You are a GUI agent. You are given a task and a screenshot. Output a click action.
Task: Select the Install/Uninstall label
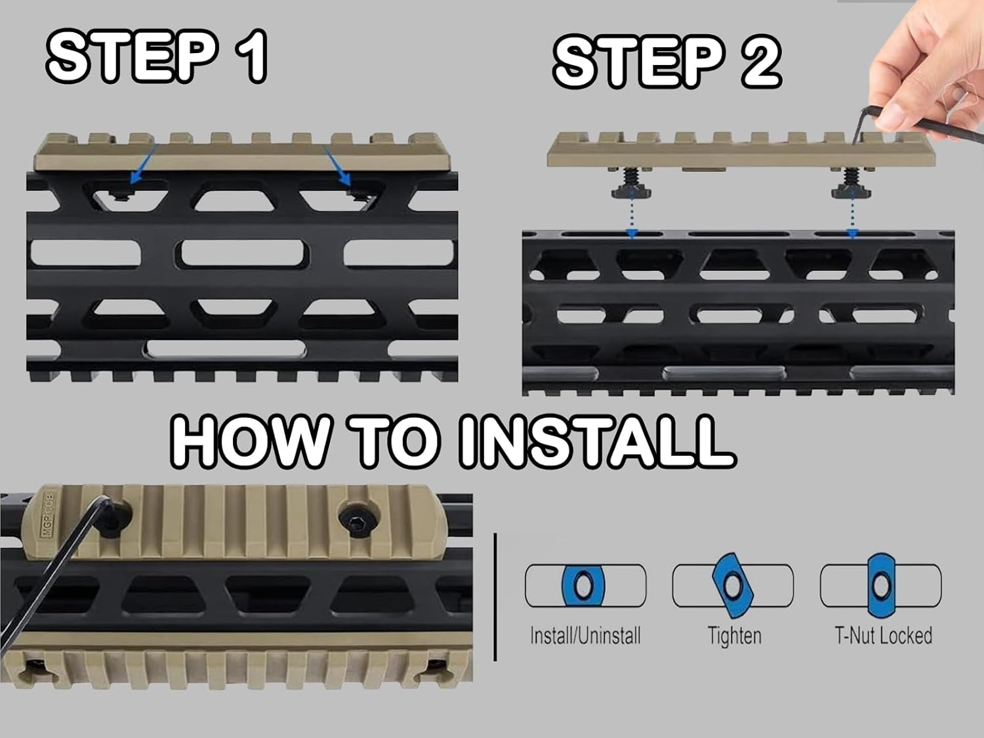pos(585,636)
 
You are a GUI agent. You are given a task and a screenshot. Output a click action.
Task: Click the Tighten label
pos(734,636)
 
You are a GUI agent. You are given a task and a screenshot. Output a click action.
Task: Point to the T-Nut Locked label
pos(883,636)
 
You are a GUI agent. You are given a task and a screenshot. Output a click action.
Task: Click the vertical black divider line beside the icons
pos(495,597)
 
